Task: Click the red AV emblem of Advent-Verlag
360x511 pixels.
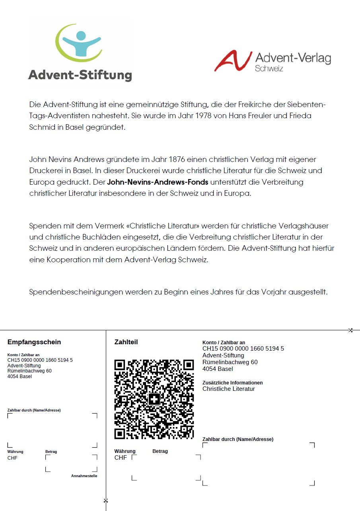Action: tap(233, 61)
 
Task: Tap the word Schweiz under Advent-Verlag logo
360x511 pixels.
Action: tap(269, 68)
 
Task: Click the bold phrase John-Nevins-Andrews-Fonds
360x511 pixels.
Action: tap(158, 182)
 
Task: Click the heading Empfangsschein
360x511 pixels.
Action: tap(34, 342)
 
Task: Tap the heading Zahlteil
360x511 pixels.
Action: tap(126, 342)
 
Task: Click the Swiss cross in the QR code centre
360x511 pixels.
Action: tap(154, 399)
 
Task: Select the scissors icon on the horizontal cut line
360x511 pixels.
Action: tap(350, 330)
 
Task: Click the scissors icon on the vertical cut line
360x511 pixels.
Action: tap(106, 500)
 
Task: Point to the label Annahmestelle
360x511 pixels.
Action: tap(84, 476)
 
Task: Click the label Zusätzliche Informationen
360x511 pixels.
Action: tap(232, 383)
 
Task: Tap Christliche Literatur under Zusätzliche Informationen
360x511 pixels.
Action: tap(229, 389)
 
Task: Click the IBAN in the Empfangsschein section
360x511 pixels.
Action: tap(40, 360)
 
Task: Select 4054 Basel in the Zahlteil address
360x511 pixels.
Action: tap(218, 369)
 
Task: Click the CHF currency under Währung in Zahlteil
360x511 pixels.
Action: tap(121, 458)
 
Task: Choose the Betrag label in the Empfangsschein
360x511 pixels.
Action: tap(51, 452)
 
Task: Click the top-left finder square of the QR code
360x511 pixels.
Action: tap(120, 365)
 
